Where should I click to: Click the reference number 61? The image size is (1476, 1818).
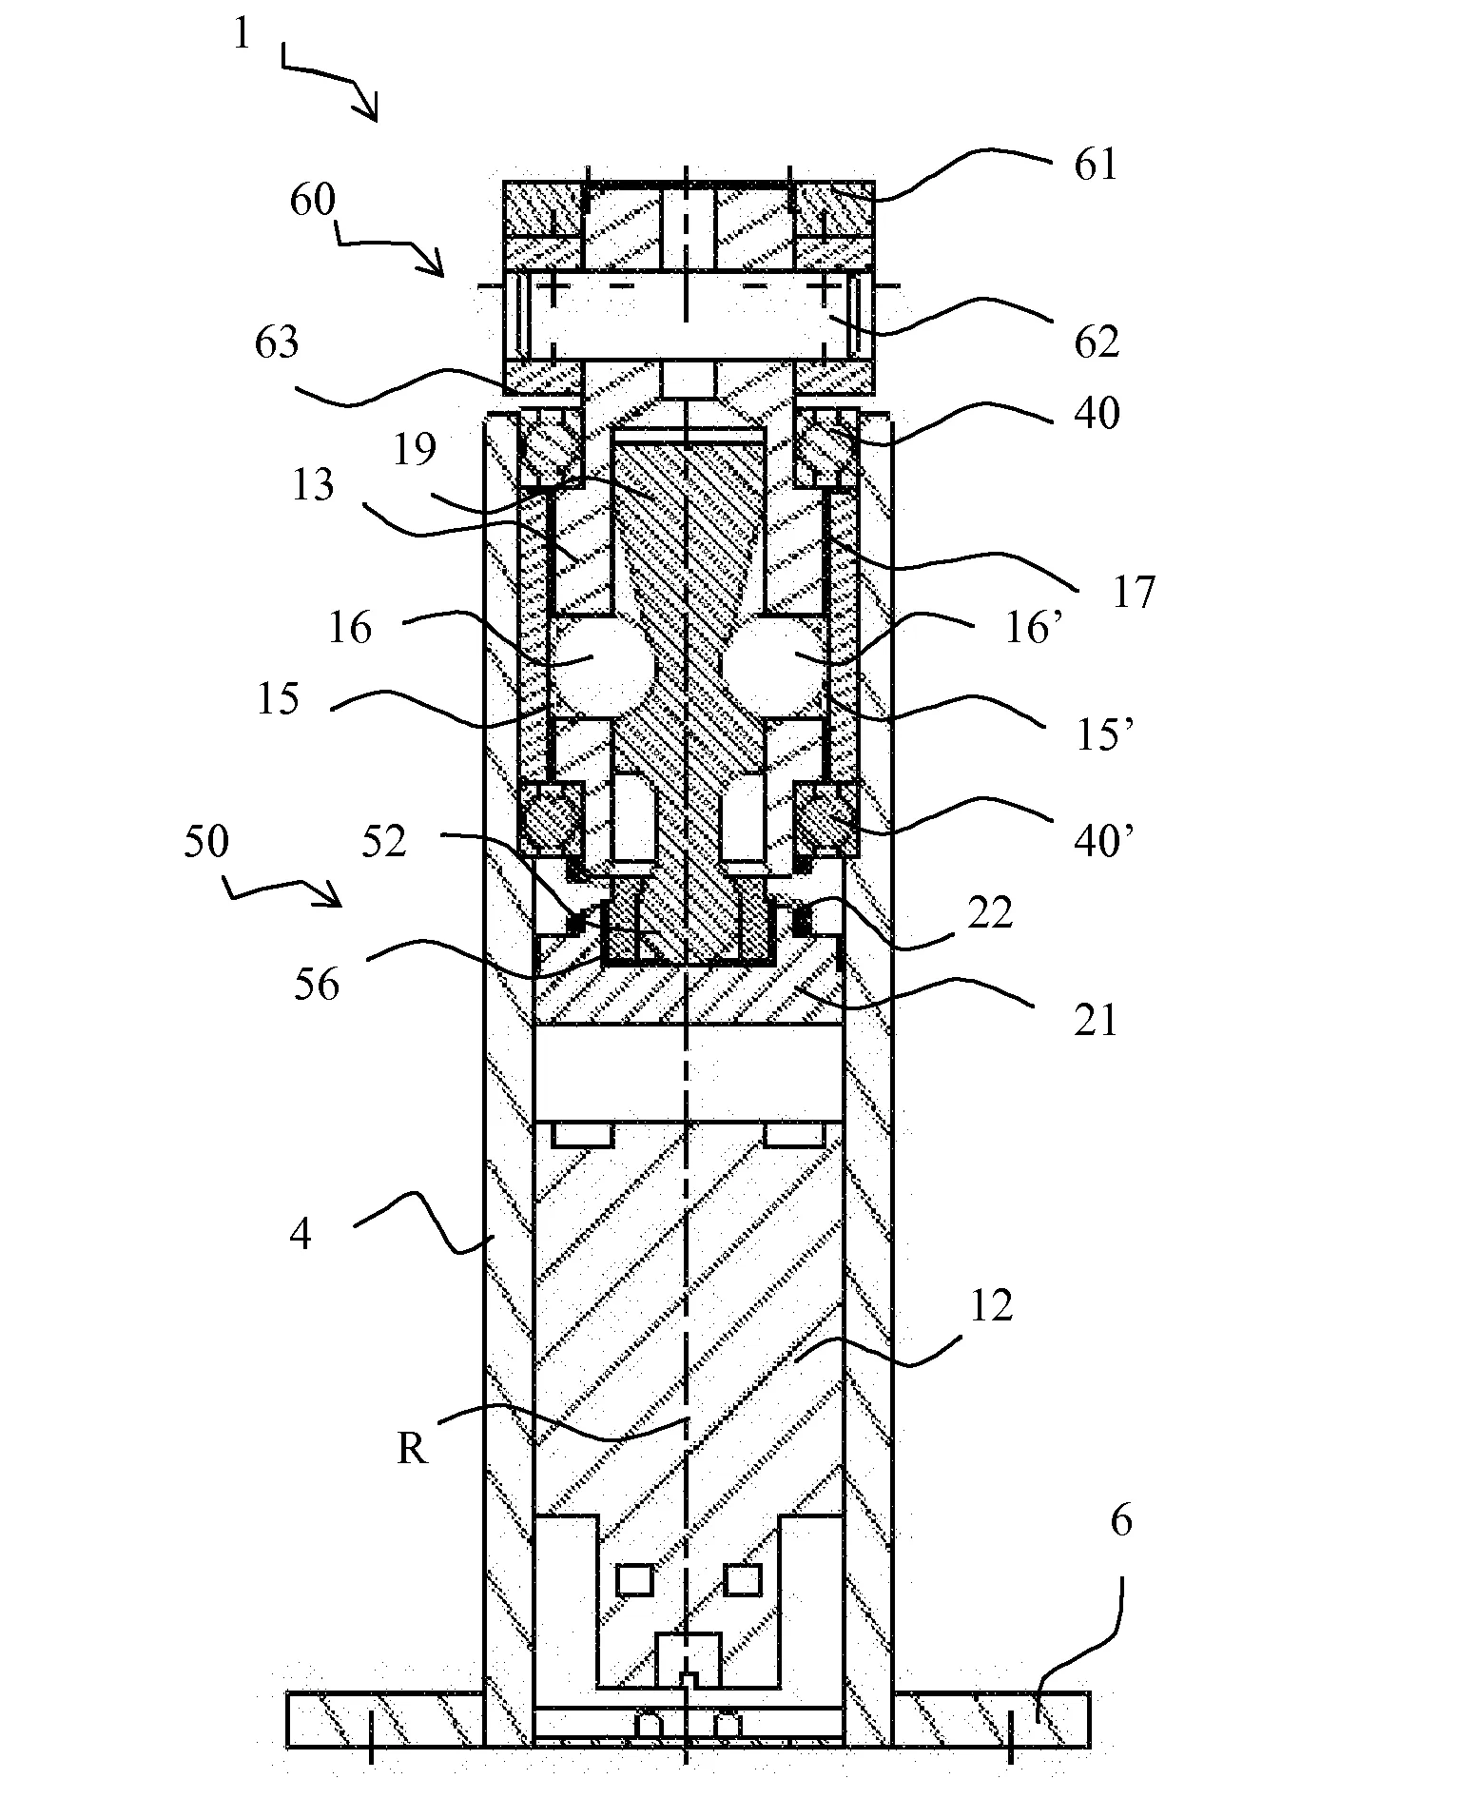[x=1095, y=165]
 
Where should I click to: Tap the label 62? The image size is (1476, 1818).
[x=1097, y=342]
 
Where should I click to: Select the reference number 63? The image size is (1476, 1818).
[x=277, y=342]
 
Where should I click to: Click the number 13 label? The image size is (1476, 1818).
[x=313, y=485]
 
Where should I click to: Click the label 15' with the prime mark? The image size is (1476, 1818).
[x=1102, y=734]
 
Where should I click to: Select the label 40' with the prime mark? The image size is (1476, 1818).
[x=1103, y=841]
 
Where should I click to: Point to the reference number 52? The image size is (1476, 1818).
[x=384, y=841]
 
